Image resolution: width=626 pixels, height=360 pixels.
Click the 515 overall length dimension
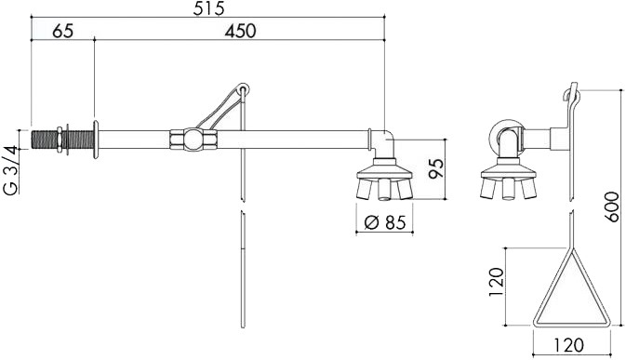[x=208, y=8]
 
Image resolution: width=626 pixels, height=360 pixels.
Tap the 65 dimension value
[x=63, y=31]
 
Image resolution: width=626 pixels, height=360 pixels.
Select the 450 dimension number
[x=240, y=31]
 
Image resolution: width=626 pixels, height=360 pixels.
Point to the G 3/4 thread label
[x=11, y=170]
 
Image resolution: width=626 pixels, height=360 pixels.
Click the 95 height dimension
[x=436, y=168]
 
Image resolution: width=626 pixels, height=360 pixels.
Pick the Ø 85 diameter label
[x=385, y=222]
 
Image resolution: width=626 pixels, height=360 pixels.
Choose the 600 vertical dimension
[x=611, y=207]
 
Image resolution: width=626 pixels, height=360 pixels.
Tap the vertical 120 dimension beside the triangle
[x=497, y=282]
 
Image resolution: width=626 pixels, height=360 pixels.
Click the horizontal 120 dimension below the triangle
[x=568, y=345]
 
